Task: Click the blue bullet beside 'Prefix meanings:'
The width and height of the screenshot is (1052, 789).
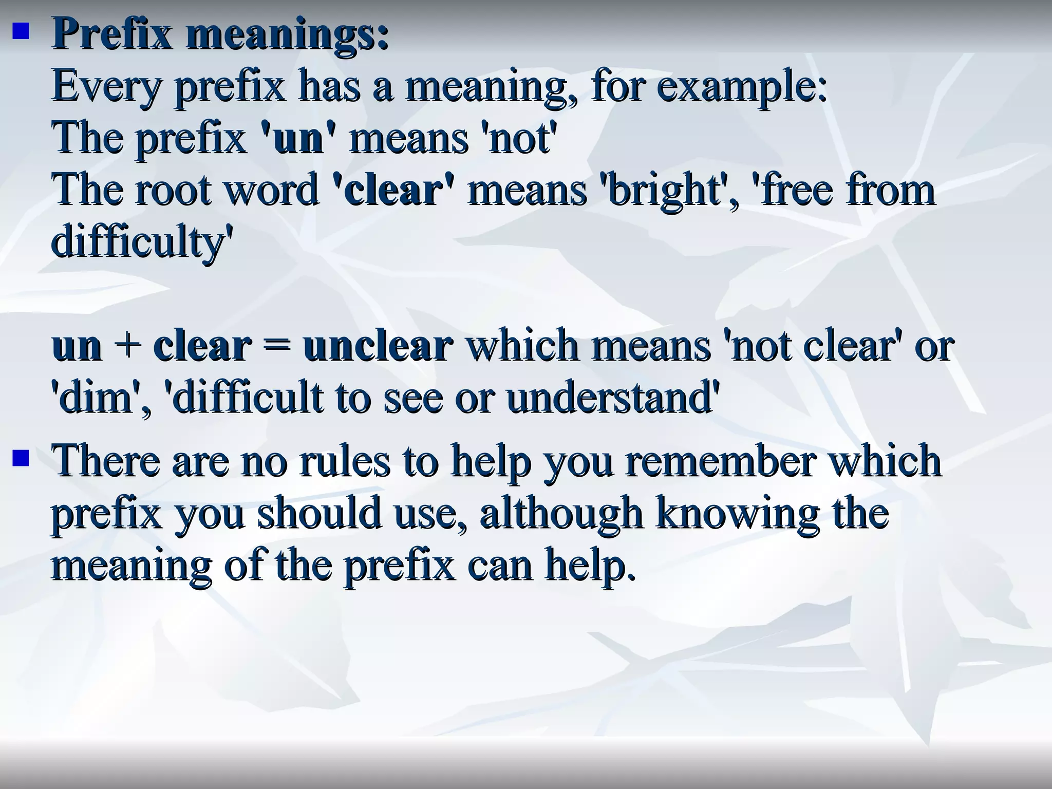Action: pos(20,34)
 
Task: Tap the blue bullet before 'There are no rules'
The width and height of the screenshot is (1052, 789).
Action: pos(20,457)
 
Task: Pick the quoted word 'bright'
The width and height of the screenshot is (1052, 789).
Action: pos(667,190)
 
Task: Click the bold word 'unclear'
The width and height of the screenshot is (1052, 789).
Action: pos(378,345)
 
